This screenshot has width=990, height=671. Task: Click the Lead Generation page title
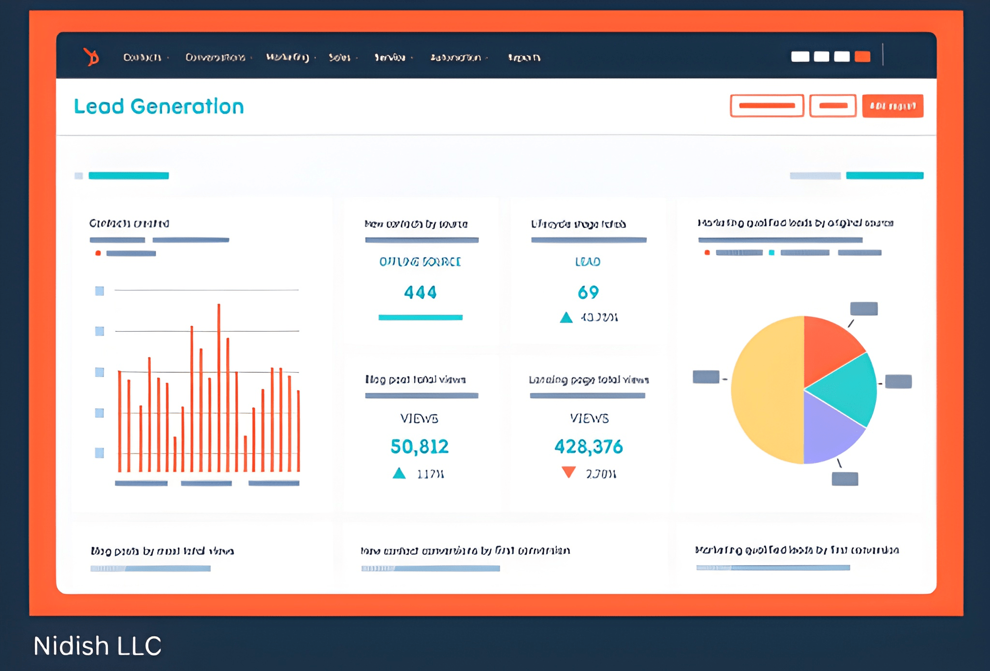tap(159, 106)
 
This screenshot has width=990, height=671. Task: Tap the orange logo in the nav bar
tap(91, 57)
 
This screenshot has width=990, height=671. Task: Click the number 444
tap(420, 292)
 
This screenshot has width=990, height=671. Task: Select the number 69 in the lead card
tap(588, 292)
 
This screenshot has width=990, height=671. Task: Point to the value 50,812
tap(419, 446)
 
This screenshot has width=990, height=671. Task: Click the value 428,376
tap(588, 446)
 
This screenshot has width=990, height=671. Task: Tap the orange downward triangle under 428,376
tap(568, 471)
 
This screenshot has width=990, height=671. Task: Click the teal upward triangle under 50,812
tap(399, 473)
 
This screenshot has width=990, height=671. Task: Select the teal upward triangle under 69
tap(566, 318)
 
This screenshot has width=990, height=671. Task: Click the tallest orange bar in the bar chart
tap(219, 387)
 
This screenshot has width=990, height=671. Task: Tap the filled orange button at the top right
tap(892, 106)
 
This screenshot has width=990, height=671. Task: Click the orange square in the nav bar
tap(862, 57)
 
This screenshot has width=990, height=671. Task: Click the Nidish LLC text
tap(97, 645)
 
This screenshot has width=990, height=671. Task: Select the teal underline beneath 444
tap(420, 318)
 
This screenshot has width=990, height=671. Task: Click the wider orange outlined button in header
tap(767, 106)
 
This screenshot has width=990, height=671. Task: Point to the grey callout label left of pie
tap(706, 377)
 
